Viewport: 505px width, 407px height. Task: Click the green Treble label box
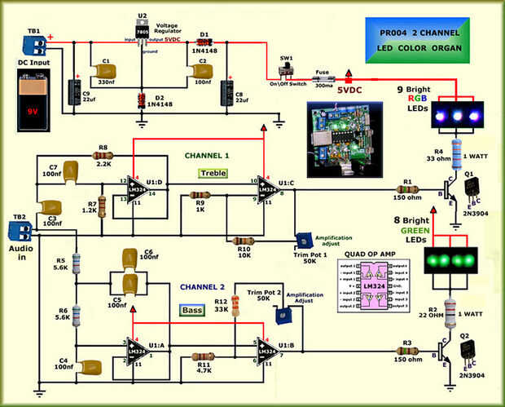coord(213,173)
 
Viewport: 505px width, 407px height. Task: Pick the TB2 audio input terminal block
coord(24,231)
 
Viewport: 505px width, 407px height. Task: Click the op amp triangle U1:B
coord(268,349)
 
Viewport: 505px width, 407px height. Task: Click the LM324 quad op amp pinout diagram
coord(371,289)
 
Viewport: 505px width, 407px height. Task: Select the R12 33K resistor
coord(235,307)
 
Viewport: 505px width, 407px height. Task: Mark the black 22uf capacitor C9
coord(74,90)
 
